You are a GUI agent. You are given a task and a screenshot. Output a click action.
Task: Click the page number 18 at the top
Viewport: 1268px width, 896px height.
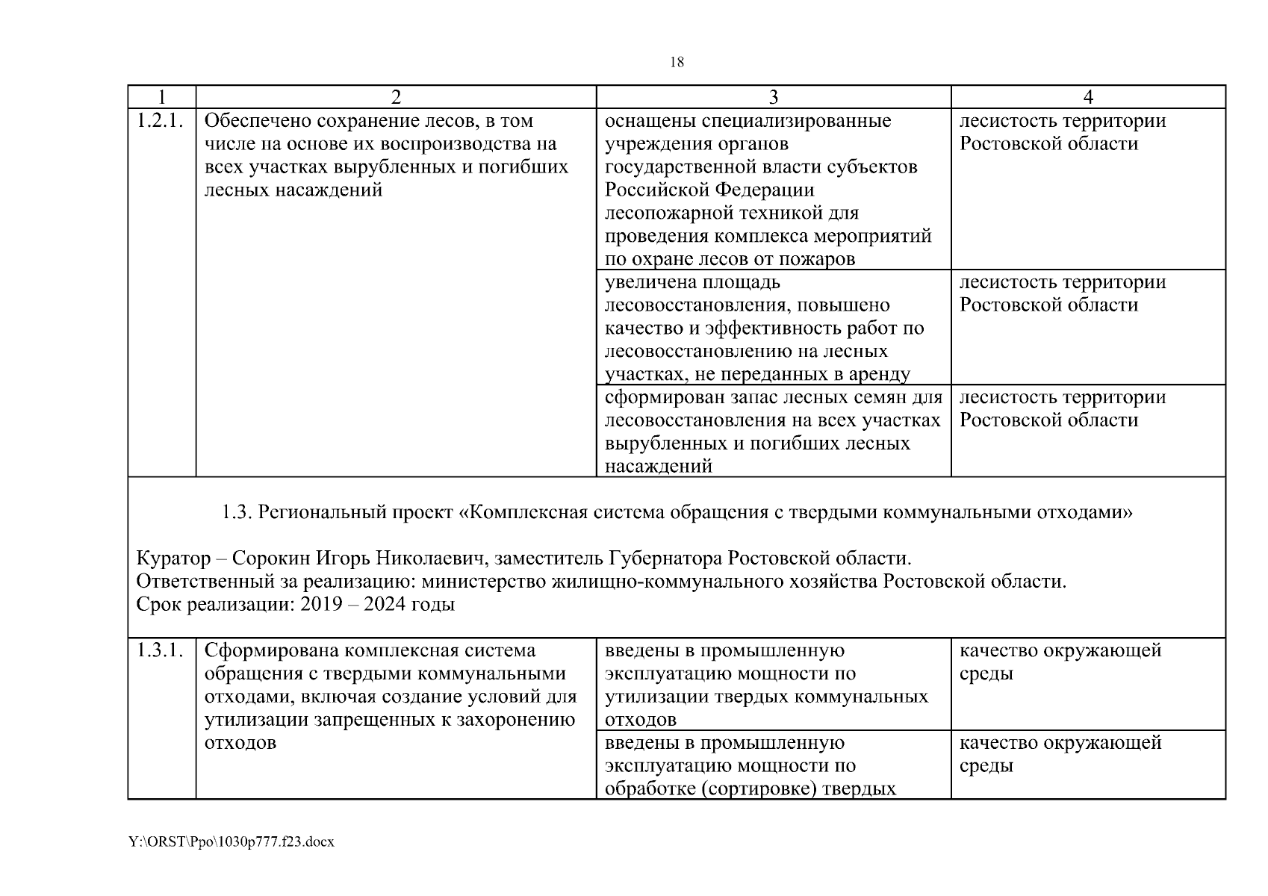(677, 63)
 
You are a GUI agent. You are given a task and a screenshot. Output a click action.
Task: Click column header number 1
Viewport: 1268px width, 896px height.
(161, 97)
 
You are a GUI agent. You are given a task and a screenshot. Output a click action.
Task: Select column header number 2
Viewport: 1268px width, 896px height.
(396, 97)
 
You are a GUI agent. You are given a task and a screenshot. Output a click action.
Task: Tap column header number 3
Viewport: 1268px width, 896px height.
(773, 97)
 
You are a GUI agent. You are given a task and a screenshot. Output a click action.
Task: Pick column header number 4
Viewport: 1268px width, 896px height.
(1088, 97)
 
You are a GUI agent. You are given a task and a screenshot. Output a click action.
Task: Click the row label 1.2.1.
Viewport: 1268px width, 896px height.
(161, 121)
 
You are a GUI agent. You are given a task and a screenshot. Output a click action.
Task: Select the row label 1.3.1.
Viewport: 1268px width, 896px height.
(161, 650)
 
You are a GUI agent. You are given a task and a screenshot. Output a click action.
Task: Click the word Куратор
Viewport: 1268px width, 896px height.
(173, 559)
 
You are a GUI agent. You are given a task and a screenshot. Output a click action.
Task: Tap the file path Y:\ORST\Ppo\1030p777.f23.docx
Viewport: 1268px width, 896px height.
(231, 841)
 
